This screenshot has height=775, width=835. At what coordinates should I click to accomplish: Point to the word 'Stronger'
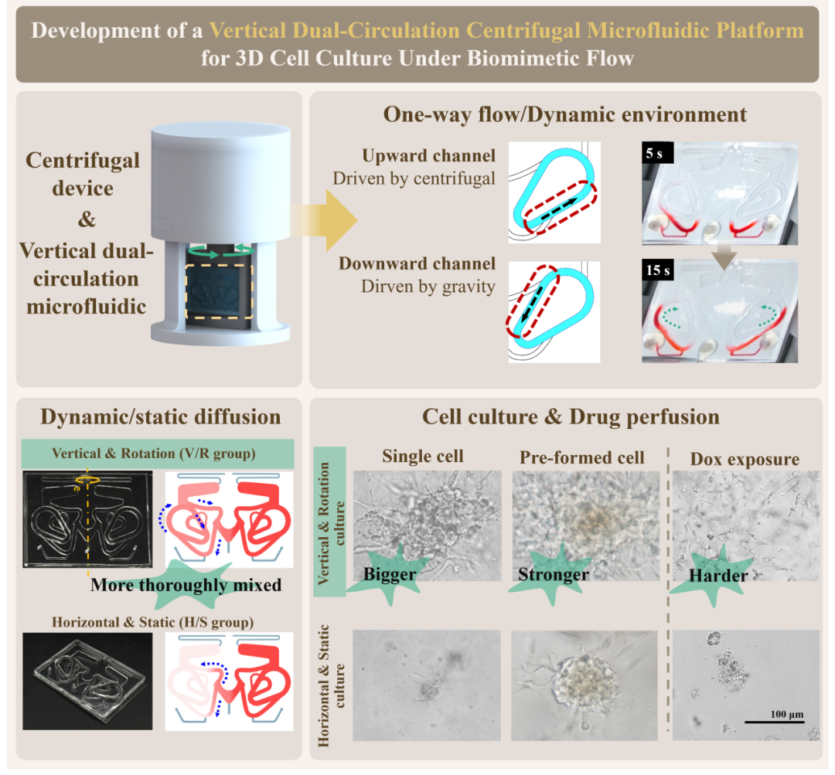(x=554, y=574)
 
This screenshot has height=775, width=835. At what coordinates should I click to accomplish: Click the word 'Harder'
(x=718, y=576)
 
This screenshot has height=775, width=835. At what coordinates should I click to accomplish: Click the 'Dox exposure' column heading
(x=745, y=459)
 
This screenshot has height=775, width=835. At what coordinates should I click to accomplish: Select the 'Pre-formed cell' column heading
(x=582, y=457)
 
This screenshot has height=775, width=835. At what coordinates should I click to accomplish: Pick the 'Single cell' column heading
(x=423, y=456)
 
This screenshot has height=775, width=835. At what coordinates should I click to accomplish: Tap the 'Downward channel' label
(x=417, y=264)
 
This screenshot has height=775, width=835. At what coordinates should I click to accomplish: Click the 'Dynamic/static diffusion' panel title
(x=160, y=417)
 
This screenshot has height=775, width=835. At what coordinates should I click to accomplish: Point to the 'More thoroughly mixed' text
(x=186, y=584)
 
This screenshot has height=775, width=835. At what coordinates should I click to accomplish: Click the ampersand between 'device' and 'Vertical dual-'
(x=87, y=219)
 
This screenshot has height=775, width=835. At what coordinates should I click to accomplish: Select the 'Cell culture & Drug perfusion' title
(x=571, y=417)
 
